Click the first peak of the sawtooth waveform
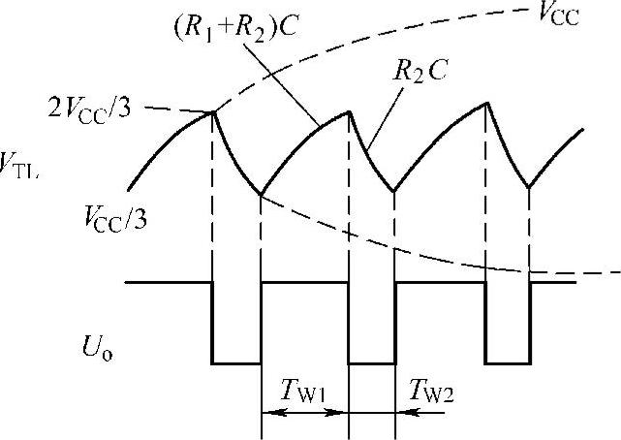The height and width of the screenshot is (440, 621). [213, 112]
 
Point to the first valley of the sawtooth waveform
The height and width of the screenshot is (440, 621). [261, 195]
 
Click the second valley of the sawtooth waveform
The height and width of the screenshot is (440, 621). [395, 191]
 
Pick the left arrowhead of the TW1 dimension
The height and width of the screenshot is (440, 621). [267, 411]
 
